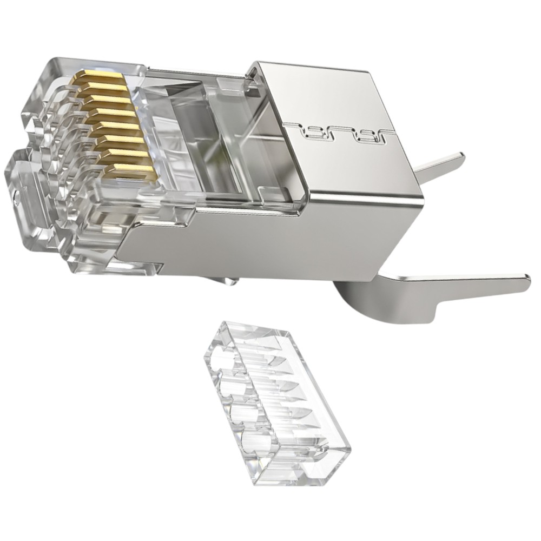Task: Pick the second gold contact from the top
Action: [x=103, y=90]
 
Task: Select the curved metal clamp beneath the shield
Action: [x=368, y=303]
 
